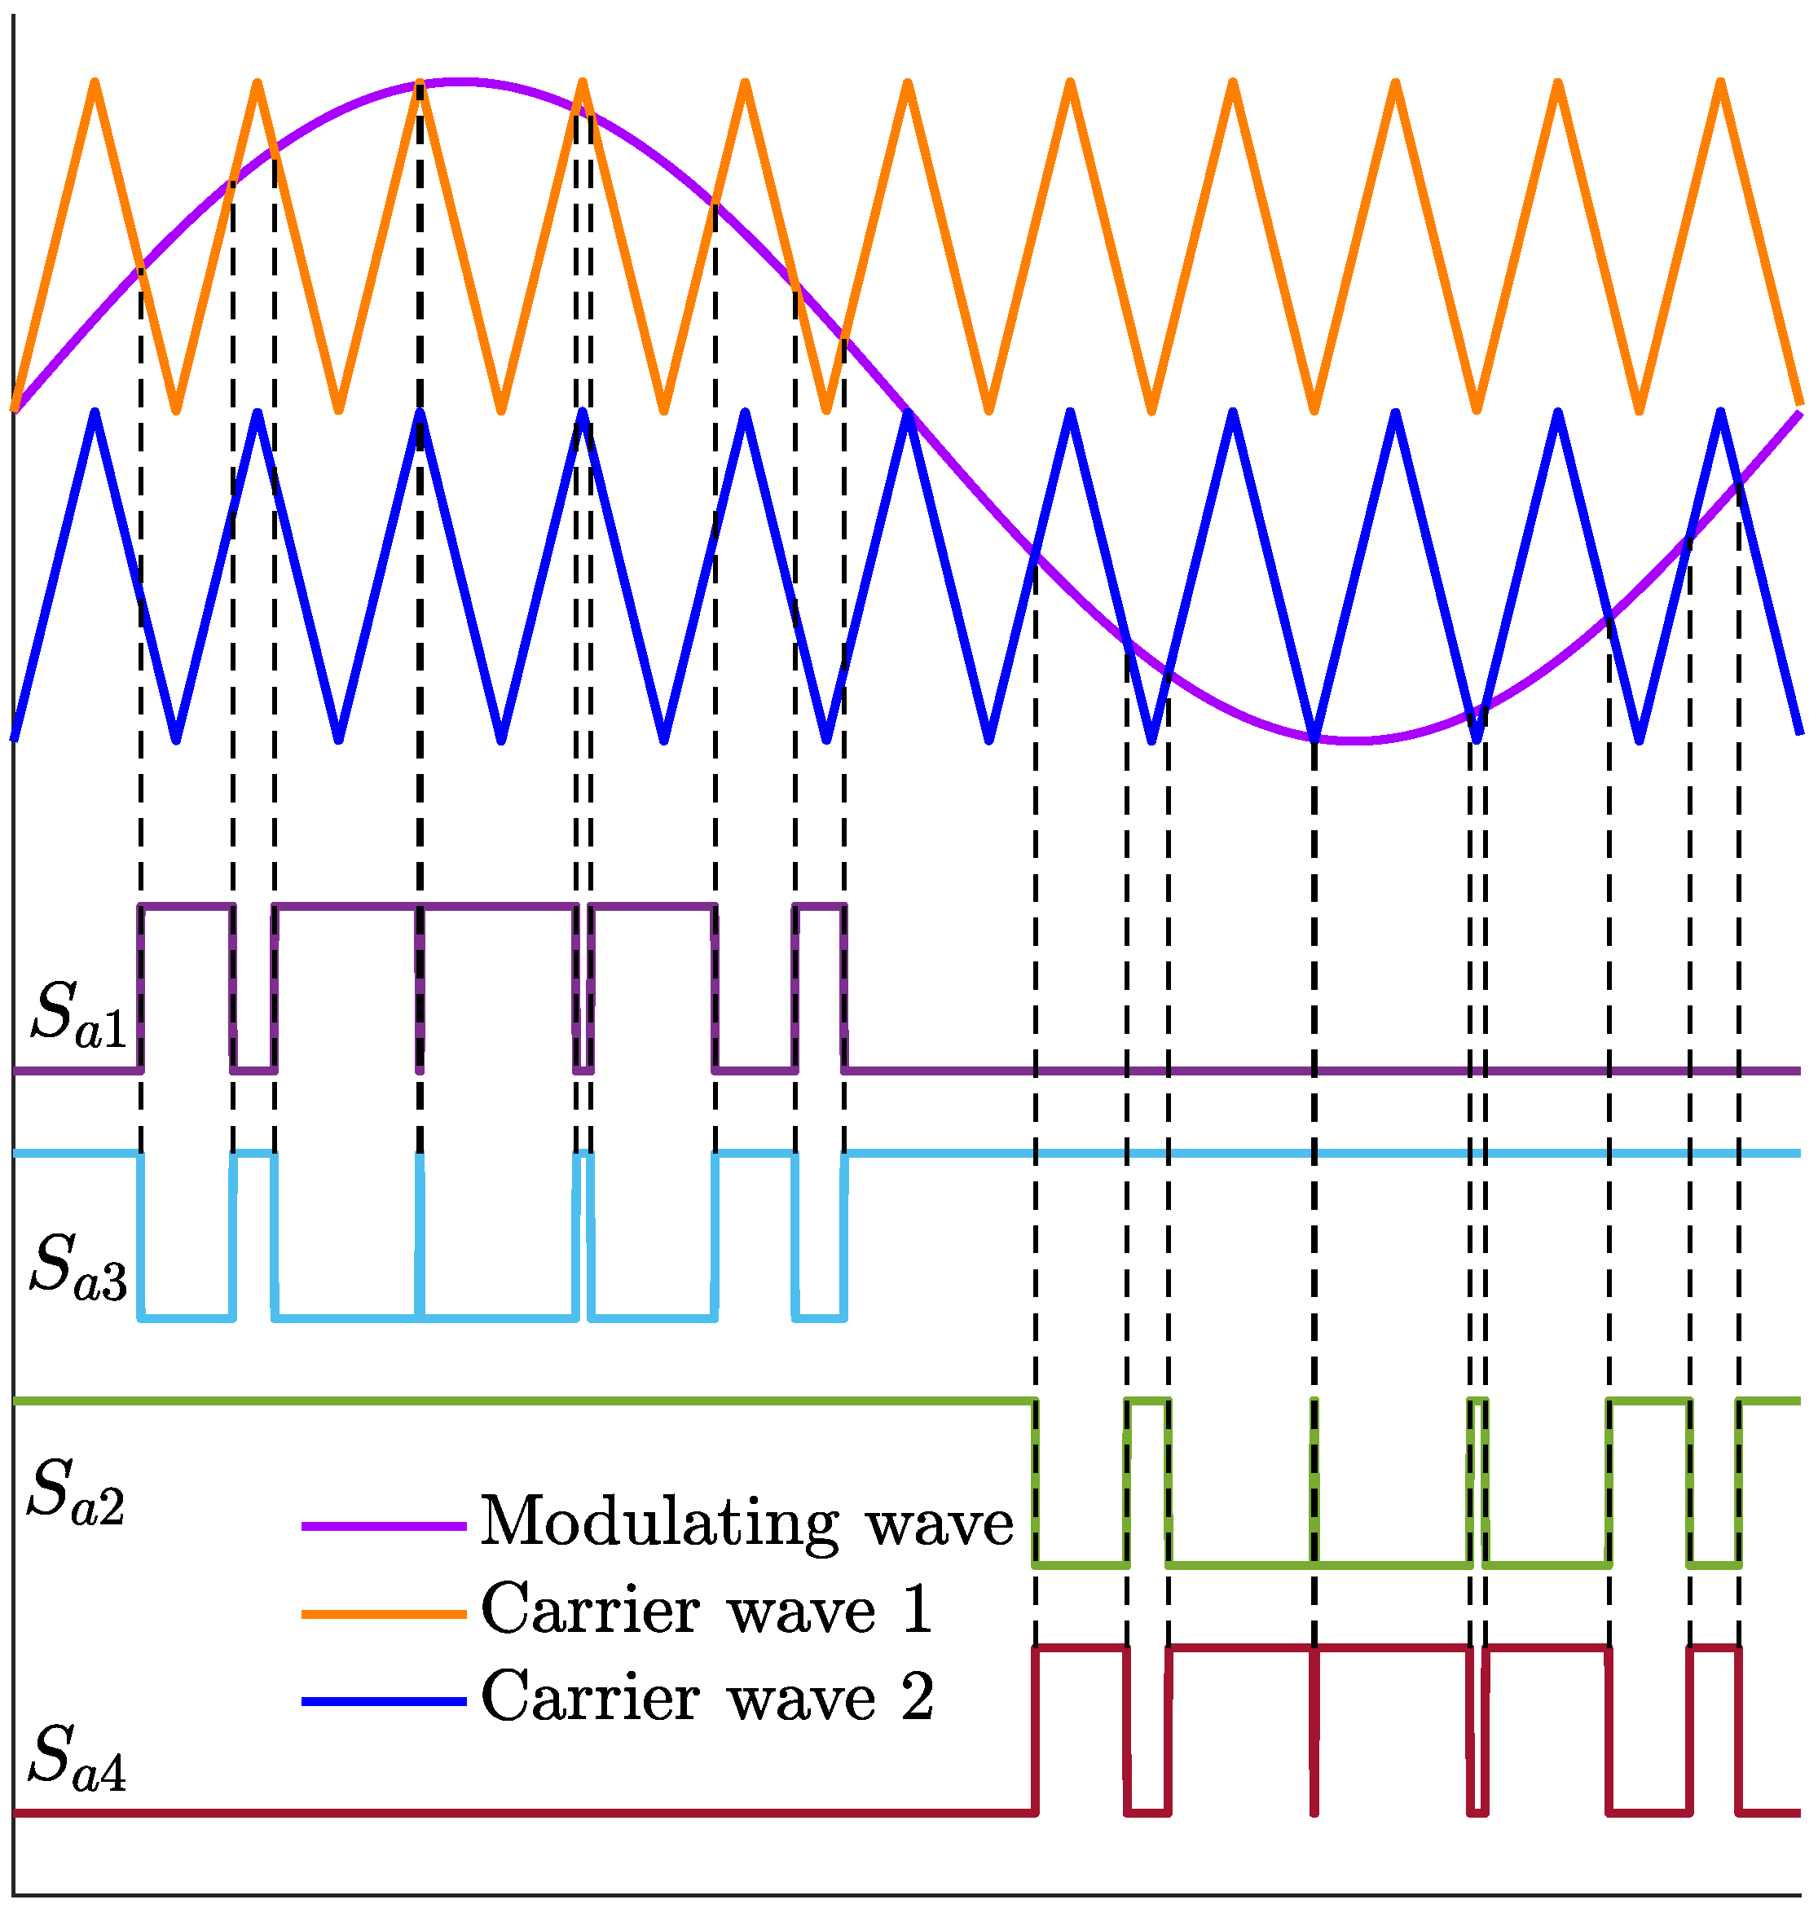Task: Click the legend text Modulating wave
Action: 746,1524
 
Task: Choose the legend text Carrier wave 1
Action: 707,1612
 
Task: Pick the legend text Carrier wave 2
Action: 707,1699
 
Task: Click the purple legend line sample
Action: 385,1526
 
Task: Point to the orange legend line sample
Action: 385,1613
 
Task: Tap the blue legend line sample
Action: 385,1701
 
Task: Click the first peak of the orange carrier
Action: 95,83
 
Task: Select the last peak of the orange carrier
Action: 1721,83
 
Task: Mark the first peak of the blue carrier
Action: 95,414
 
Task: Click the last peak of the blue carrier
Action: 1721,414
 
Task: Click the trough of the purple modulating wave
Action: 1357,741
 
